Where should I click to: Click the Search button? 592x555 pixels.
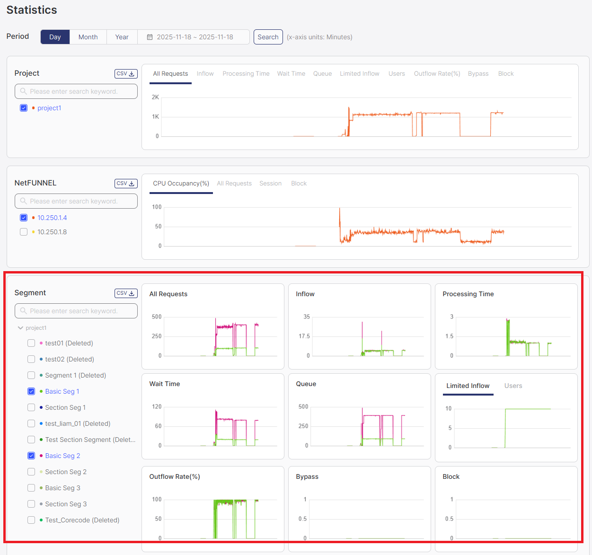tap(268, 37)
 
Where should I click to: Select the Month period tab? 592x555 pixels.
tap(88, 37)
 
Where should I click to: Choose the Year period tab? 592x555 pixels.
tap(122, 37)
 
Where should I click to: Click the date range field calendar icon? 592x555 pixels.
tap(150, 37)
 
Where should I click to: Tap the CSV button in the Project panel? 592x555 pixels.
tap(126, 74)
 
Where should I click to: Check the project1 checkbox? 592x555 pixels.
tap(24, 108)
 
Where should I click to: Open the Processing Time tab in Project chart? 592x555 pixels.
tap(246, 74)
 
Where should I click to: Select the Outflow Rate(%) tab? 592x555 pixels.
tap(437, 74)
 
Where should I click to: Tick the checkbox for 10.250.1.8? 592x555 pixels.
tap(24, 232)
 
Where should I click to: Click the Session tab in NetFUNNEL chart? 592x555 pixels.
tap(270, 184)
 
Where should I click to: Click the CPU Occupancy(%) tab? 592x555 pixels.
tap(181, 184)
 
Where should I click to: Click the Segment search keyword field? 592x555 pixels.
tap(76, 311)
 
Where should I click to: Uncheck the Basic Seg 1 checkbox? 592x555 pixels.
tap(31, 391)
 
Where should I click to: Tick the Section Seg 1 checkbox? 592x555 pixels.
tap(31, 407)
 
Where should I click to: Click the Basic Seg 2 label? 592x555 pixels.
tap(62, 456)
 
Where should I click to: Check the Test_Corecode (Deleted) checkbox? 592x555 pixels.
tap(31, 520)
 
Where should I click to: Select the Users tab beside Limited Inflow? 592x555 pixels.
tap(513, 386)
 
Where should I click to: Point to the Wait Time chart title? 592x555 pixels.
tap(165, 384)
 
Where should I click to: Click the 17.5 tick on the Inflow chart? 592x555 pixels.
tap(304, 336)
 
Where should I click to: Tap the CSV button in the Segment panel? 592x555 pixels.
tap(126, 293)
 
